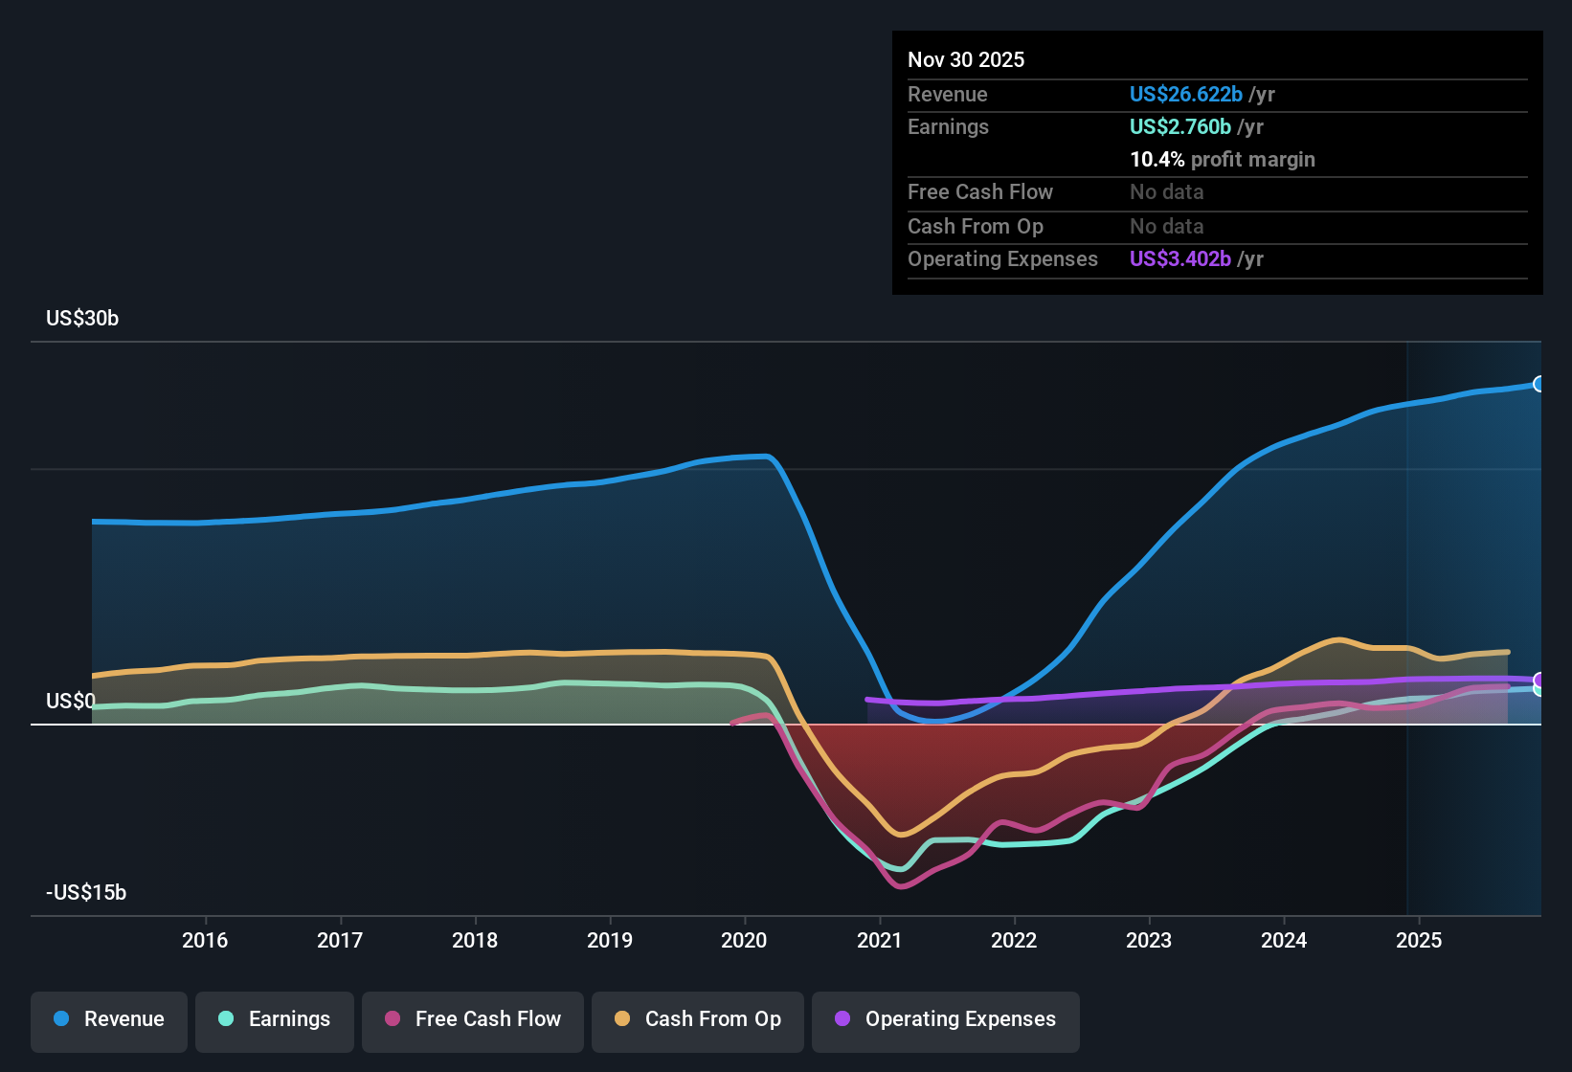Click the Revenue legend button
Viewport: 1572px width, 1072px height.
(x=109, y=1019)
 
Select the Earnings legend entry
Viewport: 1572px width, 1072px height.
(x=275, y=1019)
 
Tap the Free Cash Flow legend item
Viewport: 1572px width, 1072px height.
(x=473, y=1019)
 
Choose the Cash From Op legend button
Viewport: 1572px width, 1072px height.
(x=698, y=1019)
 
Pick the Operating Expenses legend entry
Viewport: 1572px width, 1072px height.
(x=946, y=1019)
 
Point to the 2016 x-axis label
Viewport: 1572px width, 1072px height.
(x=205, y=940)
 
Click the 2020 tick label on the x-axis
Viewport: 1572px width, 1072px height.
(x=744, y=940)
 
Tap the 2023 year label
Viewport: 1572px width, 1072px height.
(x=1149, y=940)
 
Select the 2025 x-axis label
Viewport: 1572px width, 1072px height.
(x=1419, y=940)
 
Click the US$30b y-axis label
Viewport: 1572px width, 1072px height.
(x=82, y=319)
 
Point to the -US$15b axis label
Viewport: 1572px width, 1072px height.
(x=86, y=893)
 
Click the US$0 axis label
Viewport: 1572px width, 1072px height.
(x=71, y=702)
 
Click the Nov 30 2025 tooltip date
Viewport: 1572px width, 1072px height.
(x=966, y=60)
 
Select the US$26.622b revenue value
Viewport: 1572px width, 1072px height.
(x=1185, y=95)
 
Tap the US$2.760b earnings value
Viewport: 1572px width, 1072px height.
(x=1179, y=127)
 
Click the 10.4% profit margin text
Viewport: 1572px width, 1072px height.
(x=1222, y=160)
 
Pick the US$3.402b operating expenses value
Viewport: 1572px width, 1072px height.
(x=1179, y=259)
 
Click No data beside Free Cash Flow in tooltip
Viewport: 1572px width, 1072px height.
(x=1166, y=192)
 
